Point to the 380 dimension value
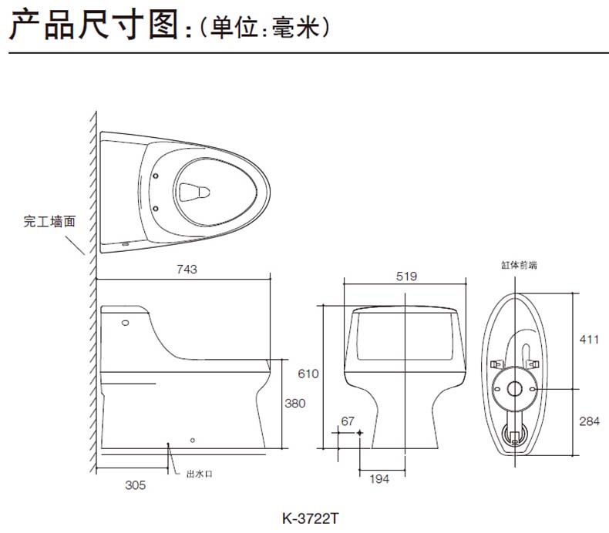tap(295, 403)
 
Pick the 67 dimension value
tap(347, 421)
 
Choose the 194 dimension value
tap(379, 479)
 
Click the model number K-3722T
tap(310, 518)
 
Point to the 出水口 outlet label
tap(199, 474)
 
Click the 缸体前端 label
tap(518, 265)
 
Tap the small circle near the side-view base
tap(193, 441)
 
